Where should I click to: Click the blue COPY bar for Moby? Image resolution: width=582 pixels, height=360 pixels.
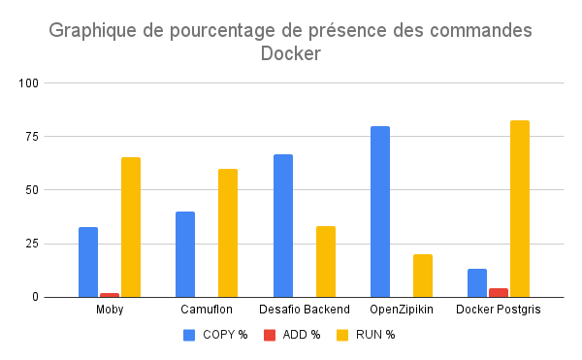88,262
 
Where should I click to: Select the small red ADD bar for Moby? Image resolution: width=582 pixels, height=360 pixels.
110,295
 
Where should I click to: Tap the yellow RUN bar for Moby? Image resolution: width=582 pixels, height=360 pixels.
131,227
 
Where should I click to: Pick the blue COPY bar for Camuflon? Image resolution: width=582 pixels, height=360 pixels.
185,254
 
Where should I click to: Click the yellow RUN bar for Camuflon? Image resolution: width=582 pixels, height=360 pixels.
228,233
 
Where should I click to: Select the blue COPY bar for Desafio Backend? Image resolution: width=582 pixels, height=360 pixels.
283,225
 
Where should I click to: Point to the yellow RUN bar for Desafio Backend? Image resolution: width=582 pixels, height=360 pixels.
326,261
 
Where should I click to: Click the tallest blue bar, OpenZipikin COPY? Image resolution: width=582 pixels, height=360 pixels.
380,212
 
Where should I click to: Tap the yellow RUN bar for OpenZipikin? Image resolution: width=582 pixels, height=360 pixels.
423,276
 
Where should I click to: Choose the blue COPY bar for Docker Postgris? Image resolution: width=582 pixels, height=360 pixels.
477,282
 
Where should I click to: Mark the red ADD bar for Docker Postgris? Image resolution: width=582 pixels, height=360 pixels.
499,292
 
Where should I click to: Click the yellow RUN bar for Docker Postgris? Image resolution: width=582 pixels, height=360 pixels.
520,209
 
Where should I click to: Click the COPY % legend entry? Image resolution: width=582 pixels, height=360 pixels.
215,335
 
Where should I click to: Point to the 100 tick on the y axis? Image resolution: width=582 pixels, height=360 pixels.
55,83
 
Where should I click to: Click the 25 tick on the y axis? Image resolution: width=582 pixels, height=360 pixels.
58,244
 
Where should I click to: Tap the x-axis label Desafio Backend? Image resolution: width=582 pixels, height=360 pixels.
305,310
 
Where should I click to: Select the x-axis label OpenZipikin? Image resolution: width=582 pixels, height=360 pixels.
402,310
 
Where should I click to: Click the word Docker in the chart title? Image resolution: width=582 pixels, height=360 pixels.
290,54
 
